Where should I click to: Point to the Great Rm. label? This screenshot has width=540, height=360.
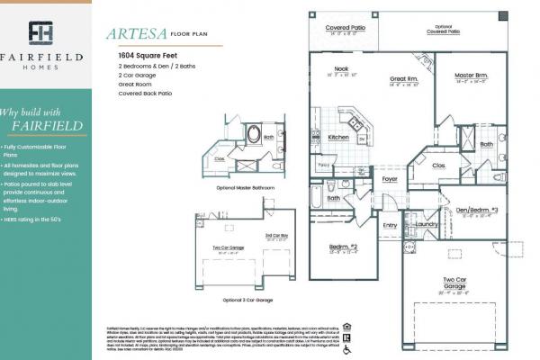pyautogui.click(x=404, y=78)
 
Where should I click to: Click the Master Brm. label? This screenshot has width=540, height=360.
pyautogui.click(x=471, y=75)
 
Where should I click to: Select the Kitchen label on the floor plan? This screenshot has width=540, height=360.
pyautogui.click(x=339, y=137)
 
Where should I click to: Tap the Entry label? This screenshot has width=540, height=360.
pyautogui.click(x=390, y=225)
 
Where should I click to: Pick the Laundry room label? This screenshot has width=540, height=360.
pyautogui.click(x=427, y=225)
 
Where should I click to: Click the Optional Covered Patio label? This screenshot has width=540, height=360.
pyautogui.click(x=443, y=31)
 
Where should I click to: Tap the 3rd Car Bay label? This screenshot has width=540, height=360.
pyautogui.click(x=276, y=236)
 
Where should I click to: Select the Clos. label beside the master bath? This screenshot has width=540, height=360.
pyautogui.click(x=440, y=166)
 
